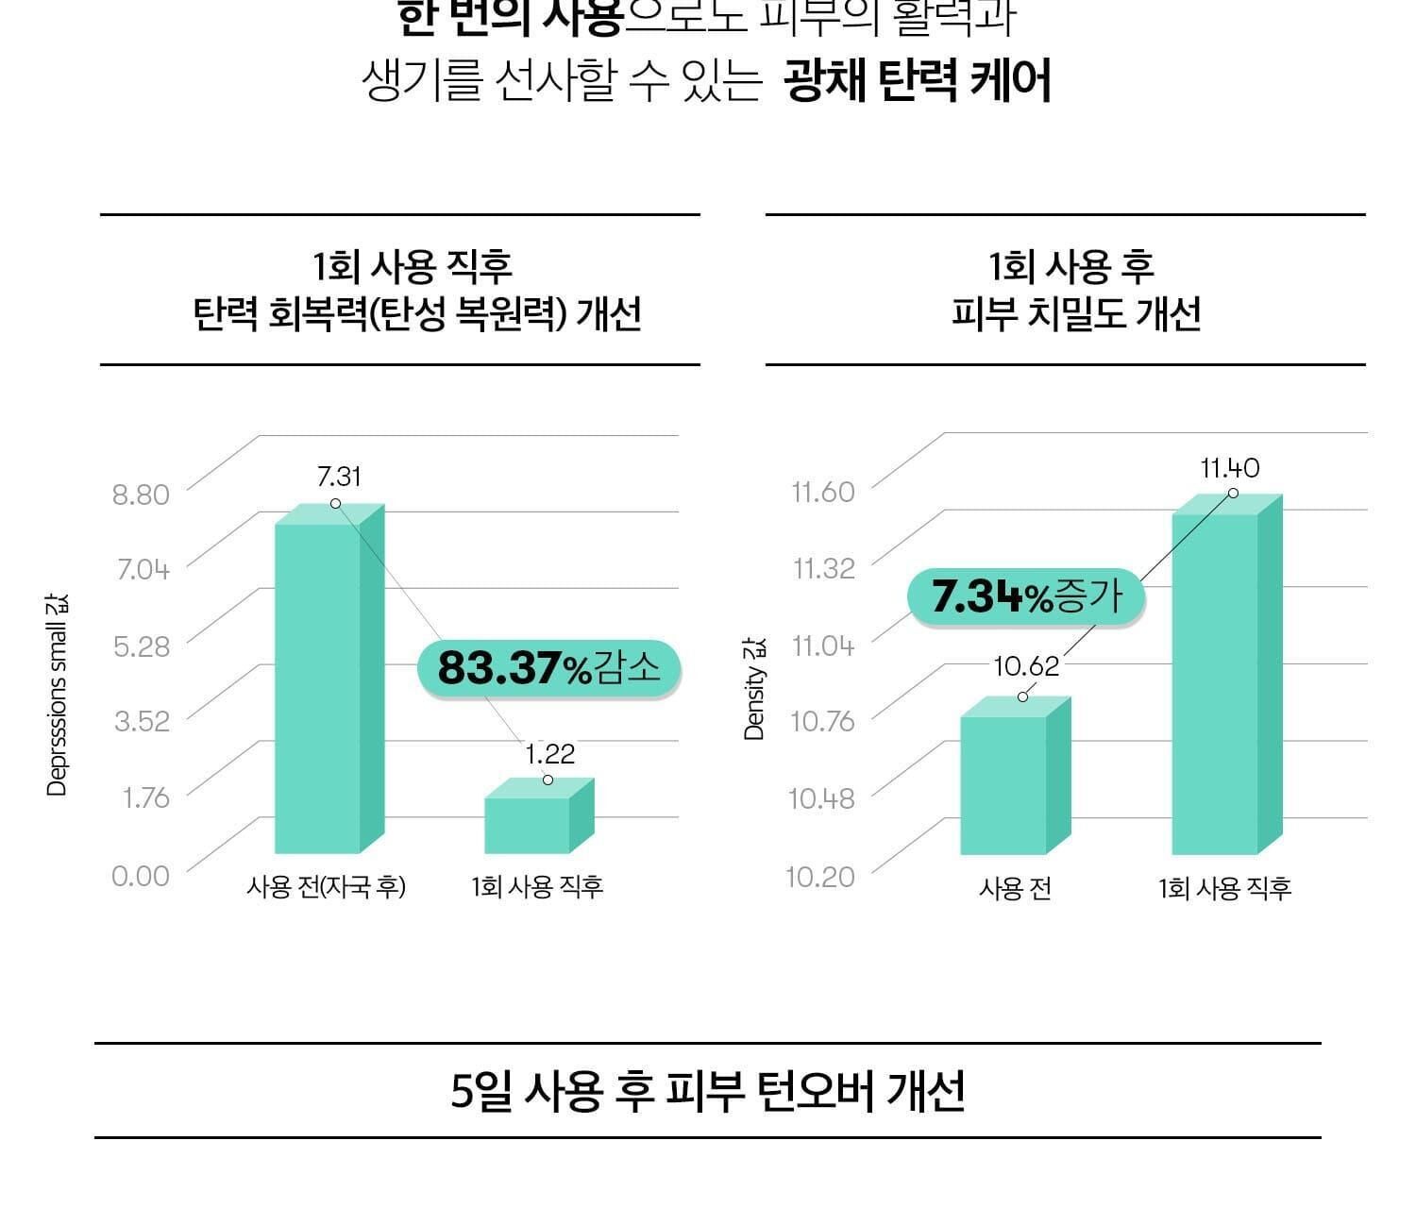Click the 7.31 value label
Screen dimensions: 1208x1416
tap(339, 477)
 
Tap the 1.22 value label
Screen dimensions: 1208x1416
tap(549, 754)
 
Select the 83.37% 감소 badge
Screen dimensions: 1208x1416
tap(548, 669)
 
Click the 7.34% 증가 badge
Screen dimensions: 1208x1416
tap(1026, 596)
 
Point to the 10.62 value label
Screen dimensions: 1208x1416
tap(1026, 666)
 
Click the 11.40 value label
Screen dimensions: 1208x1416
tap(1229, 468)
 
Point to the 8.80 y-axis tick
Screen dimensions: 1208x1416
tap(141, 495)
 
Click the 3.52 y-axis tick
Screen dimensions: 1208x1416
tap(142, 722)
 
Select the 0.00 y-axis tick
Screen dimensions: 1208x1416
tap(141, 876)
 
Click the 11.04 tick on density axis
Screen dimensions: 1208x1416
tap(822, 646)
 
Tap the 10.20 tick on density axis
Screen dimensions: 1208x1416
tap(820, 877)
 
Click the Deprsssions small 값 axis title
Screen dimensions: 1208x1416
tap(57, 695)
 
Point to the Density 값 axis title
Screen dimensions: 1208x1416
tap(754, 689)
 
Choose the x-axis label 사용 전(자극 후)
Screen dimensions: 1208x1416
tap(326, 887)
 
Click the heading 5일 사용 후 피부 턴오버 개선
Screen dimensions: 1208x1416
tap(708, 1092)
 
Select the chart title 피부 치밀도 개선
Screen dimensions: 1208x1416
tap(1075, 313)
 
